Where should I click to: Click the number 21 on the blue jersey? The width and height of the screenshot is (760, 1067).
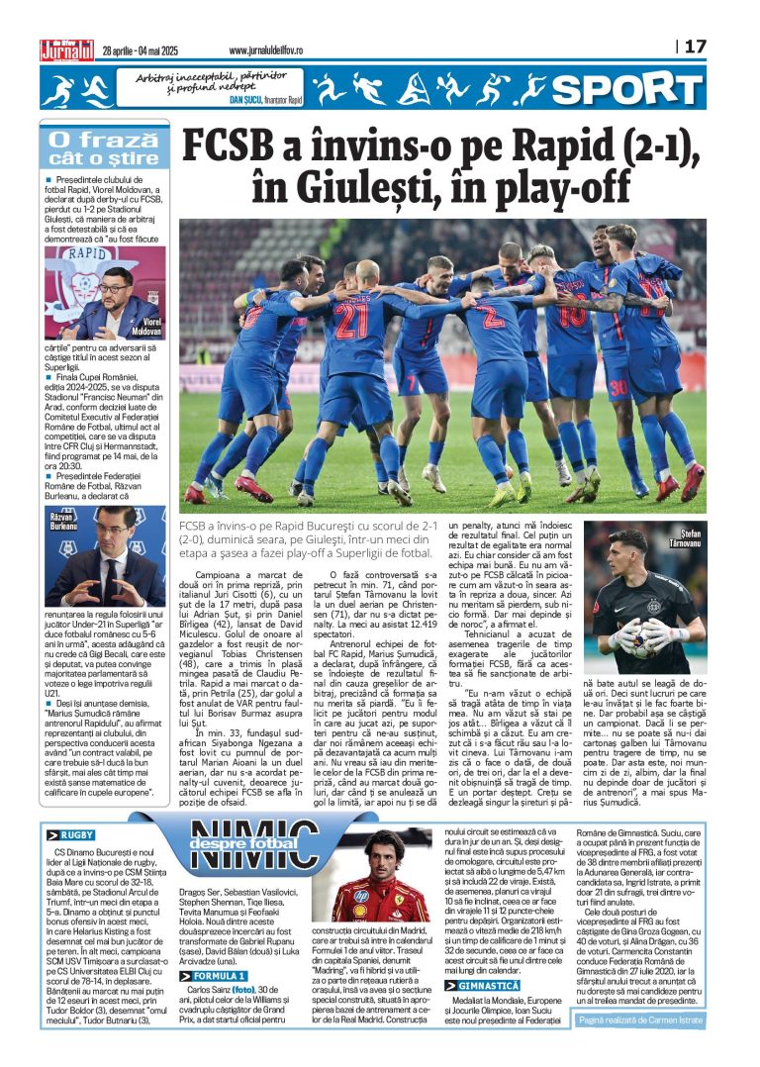pos(351,319)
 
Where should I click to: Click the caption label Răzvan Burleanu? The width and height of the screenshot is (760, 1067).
pos(63,521)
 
